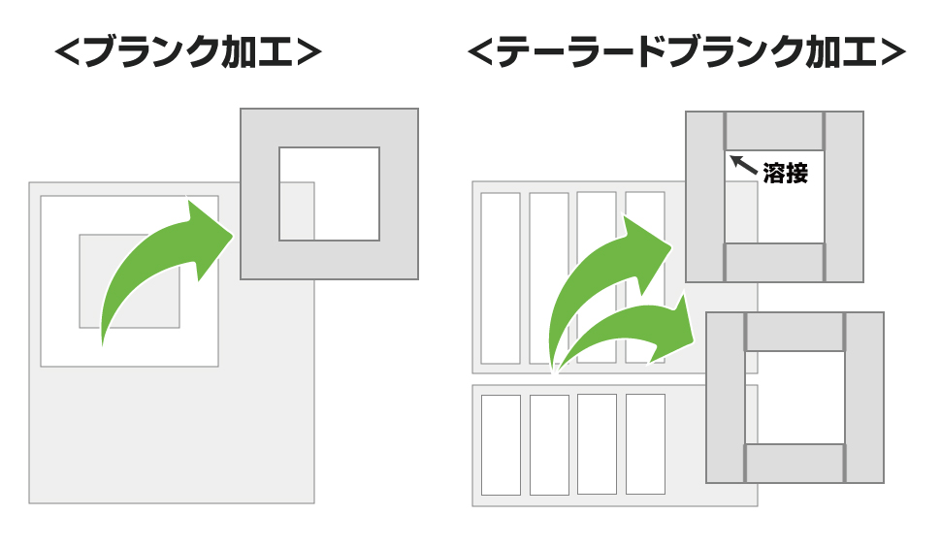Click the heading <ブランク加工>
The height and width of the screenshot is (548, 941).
(x=188, y=52)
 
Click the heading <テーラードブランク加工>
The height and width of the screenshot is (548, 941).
(x=686, y=52)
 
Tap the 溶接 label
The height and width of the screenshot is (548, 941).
(x=785, y=174)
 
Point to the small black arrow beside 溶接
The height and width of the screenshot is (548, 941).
(x=743, y=164)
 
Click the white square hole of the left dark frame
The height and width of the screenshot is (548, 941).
(x=329, y=194)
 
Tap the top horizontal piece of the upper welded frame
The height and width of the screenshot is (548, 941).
(x=774, y=130)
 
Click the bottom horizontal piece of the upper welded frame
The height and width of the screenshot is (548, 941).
(x=774, y=262)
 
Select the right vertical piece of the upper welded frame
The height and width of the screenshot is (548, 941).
(x=844, y=197)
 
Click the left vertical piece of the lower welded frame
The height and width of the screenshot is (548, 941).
(x=726, y=398)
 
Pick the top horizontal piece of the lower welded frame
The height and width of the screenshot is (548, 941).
(x=795, y=332)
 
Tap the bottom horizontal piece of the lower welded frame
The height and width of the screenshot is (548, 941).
(x=795, y=463)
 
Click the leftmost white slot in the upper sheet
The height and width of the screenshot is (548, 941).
(x=501, y=278)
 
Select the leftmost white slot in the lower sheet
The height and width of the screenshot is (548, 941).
(x=501, y=445)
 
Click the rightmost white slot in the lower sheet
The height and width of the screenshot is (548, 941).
(x=645, y=443)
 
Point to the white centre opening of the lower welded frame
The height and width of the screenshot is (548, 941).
(x=795, y=398)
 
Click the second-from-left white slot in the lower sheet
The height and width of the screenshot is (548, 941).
(x=549, y=445)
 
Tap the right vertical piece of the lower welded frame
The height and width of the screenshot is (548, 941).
(x=864, y=398)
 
